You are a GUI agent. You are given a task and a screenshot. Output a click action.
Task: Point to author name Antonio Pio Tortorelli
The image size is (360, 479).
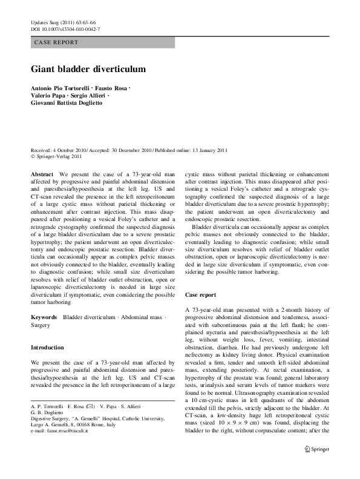tap(61, 89)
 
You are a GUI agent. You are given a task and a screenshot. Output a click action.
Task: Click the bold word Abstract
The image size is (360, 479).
tap(42, 174)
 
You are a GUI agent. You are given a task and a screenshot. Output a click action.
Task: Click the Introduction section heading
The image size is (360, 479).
tap(47, 348)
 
